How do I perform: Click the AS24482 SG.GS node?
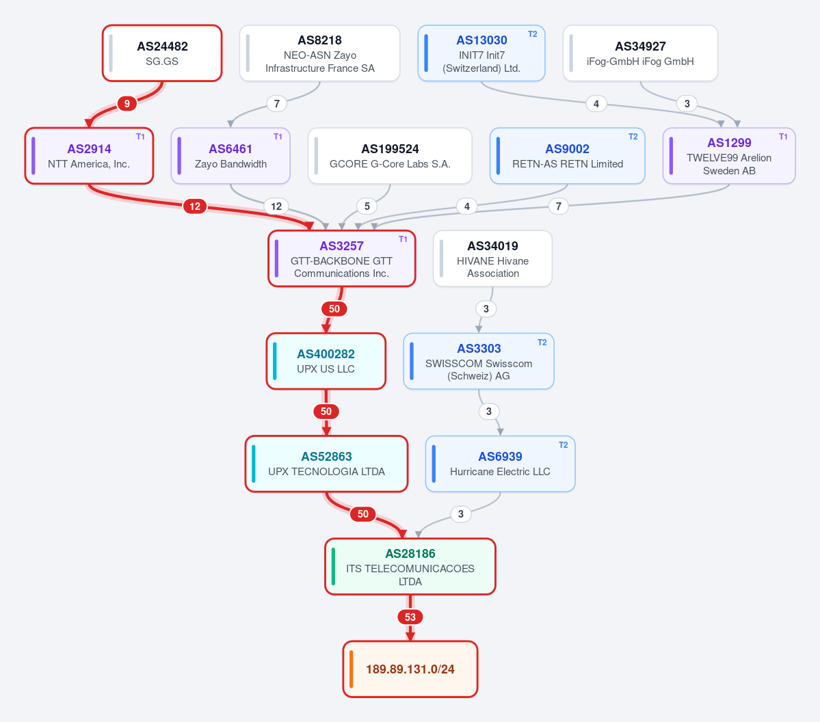pyautogui.click(x=162, y=53)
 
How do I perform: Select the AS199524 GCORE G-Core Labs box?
pyautogui.click(x=390, y=156)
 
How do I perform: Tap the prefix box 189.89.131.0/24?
pyautogui.click(x=410, y=669)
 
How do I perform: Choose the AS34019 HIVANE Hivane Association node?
pyautogui.click(x=492, y=259)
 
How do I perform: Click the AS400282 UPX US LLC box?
pyautogui.click(x=326, y=361)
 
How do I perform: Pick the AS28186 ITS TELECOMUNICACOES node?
pyautogui.click(x=410, y=567)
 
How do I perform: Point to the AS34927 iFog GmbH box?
pyautogui.click(x=641, y=53)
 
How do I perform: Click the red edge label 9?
pyautogui.click(x=127, y=103)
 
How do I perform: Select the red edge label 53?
pyautogui.click(x=410, y=617)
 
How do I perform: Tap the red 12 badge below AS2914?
pyautogui.click(x=195, y=206)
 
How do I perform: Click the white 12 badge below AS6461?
pyautogui.click(x=276, y=206)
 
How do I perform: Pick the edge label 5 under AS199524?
pyautogui.click(x=367, y=206)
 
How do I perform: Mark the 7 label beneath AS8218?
pyautogui.click(x=277, y=103)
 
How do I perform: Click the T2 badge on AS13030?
pyautogui.click(x=532, y=34)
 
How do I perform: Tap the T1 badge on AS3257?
pyautogui.click(x=404, y=239)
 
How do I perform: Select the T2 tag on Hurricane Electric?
pyautogui.click(x=564, y=445)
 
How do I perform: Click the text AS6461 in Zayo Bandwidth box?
pyautogui.click(x=230, y=149)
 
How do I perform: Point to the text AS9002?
pyautogui.click(x=568, y=149)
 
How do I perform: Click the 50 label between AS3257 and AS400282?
pyautogui.click(x=334, y=309)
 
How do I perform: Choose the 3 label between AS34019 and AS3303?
pyautogui.click(x=486, y=309)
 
